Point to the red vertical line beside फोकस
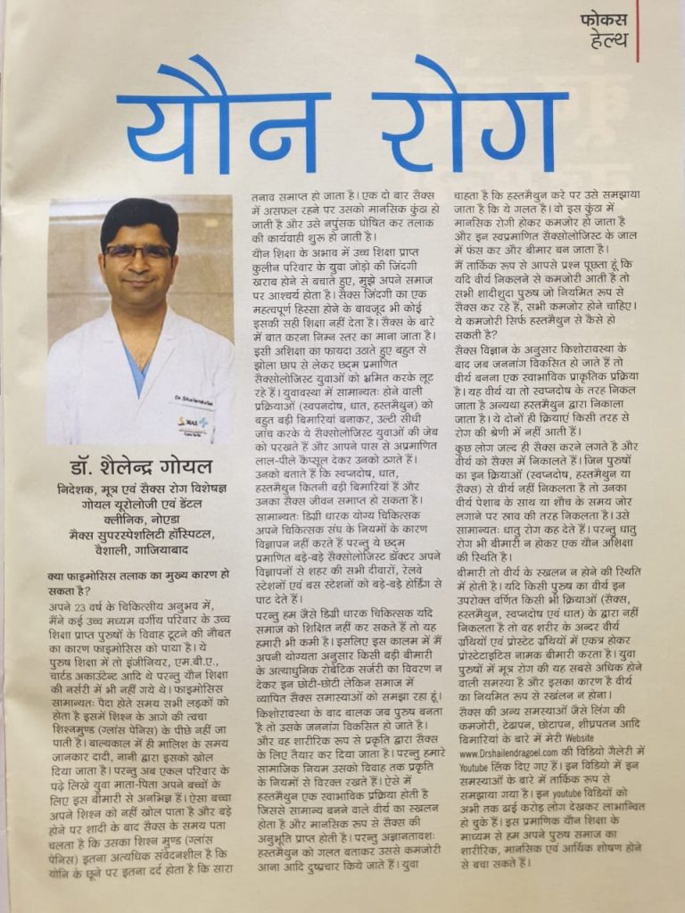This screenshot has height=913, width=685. coord(638,31)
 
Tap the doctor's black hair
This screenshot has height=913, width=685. coord(139,218)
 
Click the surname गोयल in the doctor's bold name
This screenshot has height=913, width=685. coord(186,467)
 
